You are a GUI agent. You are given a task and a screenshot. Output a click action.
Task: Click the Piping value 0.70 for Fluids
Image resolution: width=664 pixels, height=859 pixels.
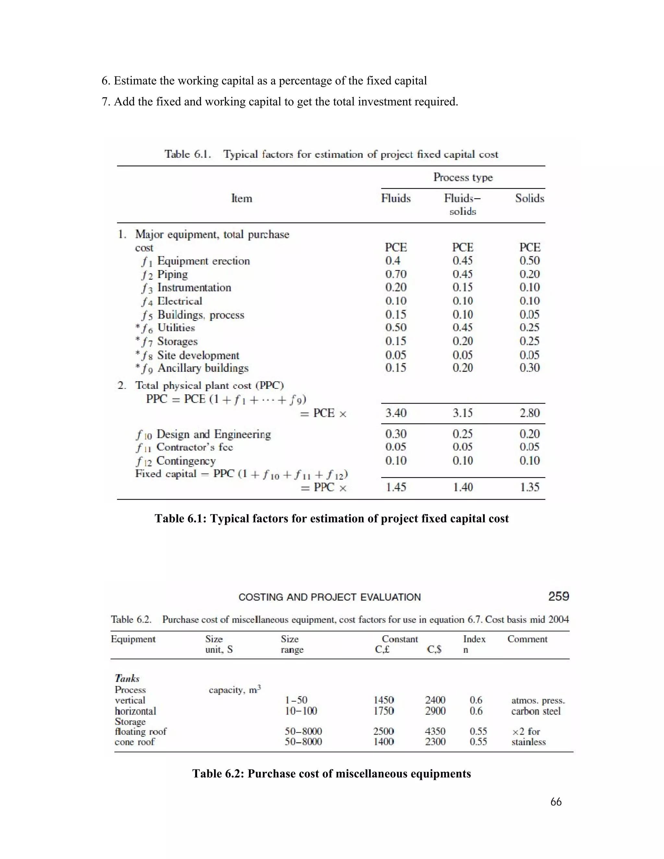point(396,274)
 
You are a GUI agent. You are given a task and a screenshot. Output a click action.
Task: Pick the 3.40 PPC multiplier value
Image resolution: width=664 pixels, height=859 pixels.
point(396,413)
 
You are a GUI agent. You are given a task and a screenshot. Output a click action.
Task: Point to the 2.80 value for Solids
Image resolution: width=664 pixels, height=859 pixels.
point(529,413)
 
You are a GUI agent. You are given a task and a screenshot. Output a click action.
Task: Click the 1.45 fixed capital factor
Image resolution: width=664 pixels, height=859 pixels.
point(396,487)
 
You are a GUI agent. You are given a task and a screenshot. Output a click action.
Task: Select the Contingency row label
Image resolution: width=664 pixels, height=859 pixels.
point(186,461)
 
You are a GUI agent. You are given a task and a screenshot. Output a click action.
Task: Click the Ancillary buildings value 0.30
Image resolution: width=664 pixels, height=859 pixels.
point(529,368)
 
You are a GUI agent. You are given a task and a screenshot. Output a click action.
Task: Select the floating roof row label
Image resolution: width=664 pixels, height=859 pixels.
point(140,732)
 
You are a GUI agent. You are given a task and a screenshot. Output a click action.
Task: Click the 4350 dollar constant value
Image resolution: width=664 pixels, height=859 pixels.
point(435,732)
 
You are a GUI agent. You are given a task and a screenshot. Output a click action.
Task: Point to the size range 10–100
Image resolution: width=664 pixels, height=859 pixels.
point(301,711)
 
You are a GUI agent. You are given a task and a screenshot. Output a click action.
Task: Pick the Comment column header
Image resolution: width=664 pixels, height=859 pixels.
point(527,639)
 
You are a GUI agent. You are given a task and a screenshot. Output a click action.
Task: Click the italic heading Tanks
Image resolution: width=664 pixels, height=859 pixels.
point(127,678)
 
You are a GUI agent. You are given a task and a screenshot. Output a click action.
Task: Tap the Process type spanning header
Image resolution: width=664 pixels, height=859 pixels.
point(463,177)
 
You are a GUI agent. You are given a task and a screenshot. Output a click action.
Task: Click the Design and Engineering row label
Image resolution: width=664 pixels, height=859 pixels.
point(213,434)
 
